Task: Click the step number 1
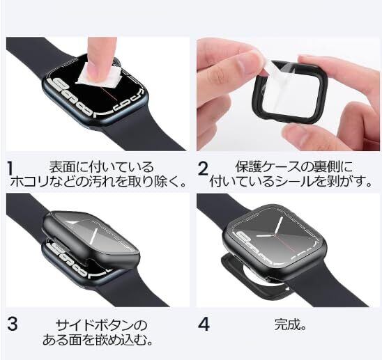point(10,169)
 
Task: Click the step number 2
point(203,169)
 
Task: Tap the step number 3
point(12,324)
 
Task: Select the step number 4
point(204,324)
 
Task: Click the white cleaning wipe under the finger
point(100,75)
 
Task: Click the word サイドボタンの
point(102,325)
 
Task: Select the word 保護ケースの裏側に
point(294,166)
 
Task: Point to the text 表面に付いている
point(102,166)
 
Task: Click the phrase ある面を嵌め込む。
point(98,340)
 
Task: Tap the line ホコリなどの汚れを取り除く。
point(98,181)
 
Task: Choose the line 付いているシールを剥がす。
point(291,181)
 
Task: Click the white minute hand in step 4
point(278,226)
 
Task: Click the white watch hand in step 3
point(94,235)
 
